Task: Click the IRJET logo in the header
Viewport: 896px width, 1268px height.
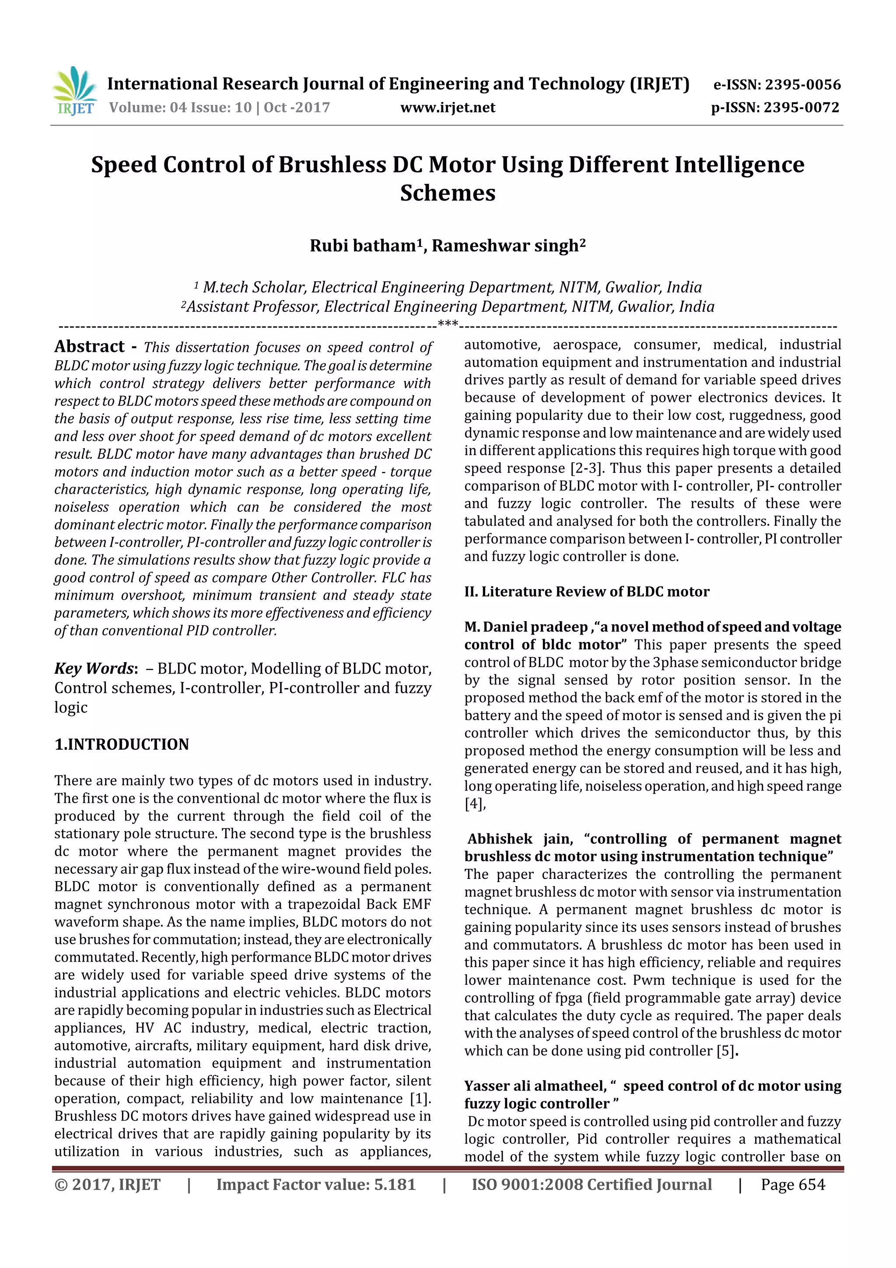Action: pyautogui.click(x=74, y=91)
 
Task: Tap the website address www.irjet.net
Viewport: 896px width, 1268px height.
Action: pyautogui.click(x=448, y=107)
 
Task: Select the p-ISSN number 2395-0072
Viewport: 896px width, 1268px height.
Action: pyautogui.click(x=801, y=107)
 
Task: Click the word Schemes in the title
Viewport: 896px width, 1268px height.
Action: pyautogui.click(x=448, y=193)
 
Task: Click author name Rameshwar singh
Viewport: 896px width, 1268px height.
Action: pyautogui.click(x=507, y=245)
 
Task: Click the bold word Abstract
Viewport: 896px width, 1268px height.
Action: pyautogui.click(x=89, y=347)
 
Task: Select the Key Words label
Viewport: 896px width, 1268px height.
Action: pyautogui.click(x=95, y=668)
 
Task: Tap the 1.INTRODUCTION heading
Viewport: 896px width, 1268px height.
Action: pyautogui.click(x=122, y=745)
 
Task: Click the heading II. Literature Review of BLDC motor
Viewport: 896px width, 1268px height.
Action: pyautogui.click(x=586, y=591)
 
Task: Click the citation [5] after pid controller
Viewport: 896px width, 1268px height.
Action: pyautogui.click(x=726, y=1050)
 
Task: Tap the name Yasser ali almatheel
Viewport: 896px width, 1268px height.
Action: pyautogui.click(x=534, y=1086)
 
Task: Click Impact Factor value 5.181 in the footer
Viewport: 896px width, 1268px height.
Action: pyautogui.click(x=315, y=1184)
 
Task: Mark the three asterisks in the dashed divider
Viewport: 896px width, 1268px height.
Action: pyautogui.click(x=448, y=323)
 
